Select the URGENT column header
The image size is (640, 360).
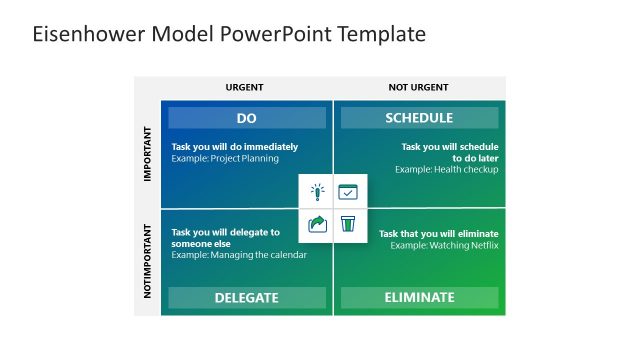click(245, 88)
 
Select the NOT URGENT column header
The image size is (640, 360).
click(418, 88)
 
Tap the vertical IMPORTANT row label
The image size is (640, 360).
click(147, 153)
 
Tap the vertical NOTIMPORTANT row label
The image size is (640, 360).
click(147, 265)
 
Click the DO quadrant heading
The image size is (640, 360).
click(247, 118)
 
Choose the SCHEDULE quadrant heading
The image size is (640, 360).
click(419, 118)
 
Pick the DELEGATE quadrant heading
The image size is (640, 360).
click(247, 297)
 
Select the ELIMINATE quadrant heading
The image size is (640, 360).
click(419, 297)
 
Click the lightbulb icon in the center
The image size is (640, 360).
click(317, 192)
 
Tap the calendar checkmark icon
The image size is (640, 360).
click(348, 192)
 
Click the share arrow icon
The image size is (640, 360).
click(317, 223)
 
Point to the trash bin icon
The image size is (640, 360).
click(348, 223)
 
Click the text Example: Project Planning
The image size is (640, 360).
click(225, 158)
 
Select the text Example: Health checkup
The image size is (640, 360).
click(446, 169)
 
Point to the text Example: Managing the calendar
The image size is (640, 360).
click(239, 255)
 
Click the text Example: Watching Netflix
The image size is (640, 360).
click(444, 245)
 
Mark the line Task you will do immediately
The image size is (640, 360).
click(234, 146)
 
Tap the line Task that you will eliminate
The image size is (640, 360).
click(438, 233)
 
